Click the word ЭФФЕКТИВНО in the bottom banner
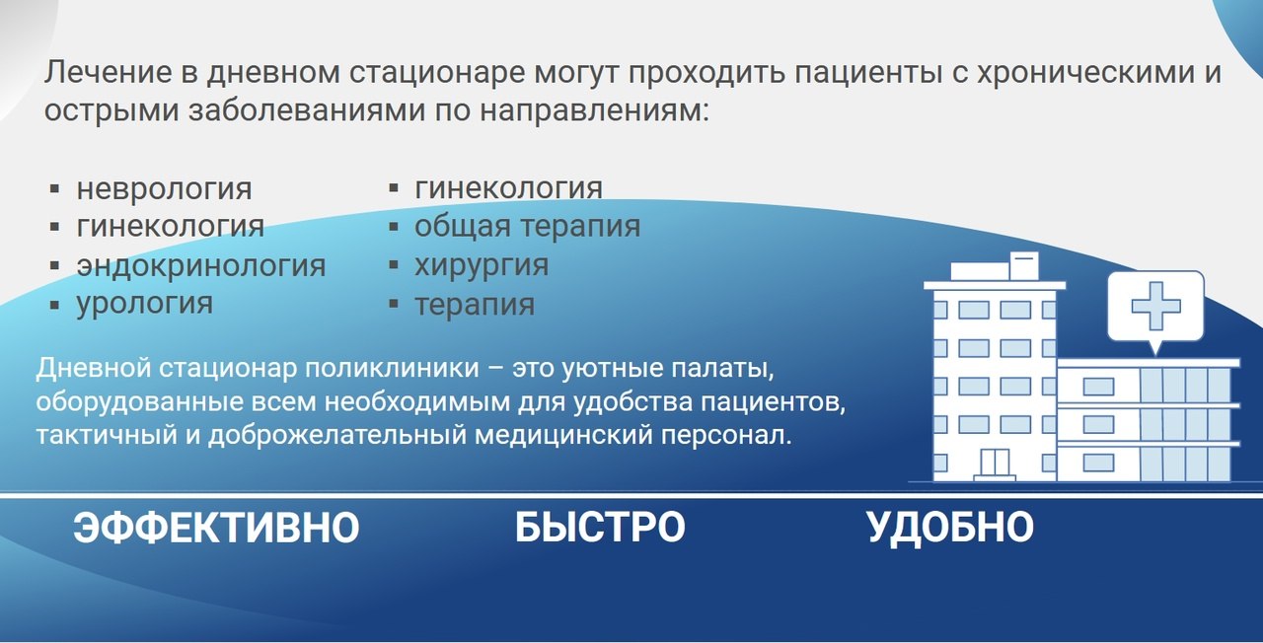(216, 528)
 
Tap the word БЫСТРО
(600, 528)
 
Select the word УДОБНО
(950, 528)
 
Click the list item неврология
(164, 189)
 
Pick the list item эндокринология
(201, 266)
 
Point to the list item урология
(145, 305)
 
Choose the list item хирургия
(482, 266)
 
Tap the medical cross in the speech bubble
(1155, 306)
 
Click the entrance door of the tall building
(995, 463)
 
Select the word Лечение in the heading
(109, 73)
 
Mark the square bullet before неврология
(54, 188)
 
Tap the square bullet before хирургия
(394, 265)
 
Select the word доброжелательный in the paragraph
(337, 436)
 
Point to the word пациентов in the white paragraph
(773, 403)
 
